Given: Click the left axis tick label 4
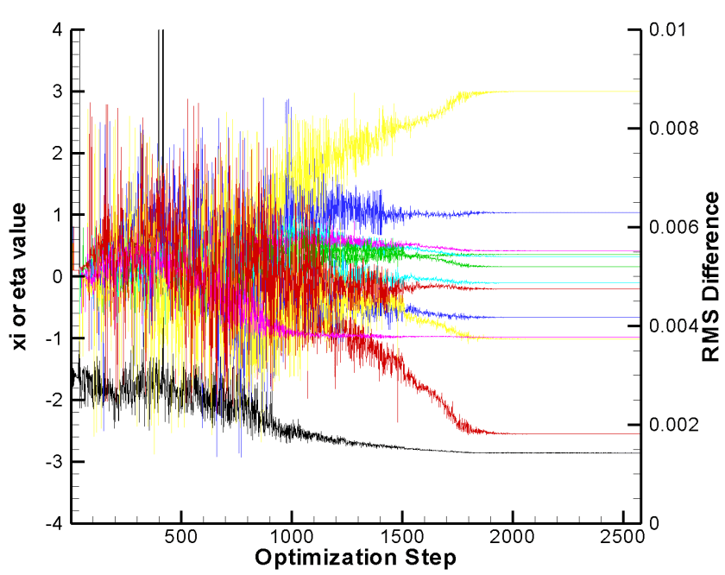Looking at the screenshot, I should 57,29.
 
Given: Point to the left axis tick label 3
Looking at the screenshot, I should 57,92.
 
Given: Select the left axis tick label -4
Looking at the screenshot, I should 54,523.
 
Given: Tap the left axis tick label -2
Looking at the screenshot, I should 54,400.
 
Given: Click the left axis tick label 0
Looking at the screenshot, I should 57,276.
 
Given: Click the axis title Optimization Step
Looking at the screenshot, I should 356,558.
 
